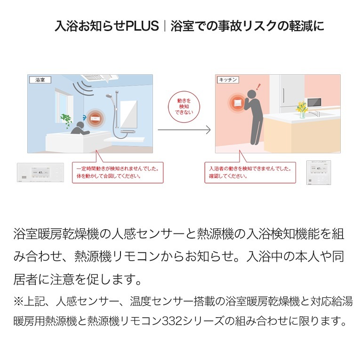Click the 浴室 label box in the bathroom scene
40,80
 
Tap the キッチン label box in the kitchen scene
228,80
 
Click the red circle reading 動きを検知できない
184,106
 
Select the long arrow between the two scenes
184,130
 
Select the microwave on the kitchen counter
314,103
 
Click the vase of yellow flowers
302,110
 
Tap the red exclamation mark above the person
259,87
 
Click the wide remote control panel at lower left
40,172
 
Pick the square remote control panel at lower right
319,172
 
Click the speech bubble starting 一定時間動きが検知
118,172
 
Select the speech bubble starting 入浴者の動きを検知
250,172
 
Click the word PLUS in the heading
142,26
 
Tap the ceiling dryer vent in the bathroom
95,78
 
